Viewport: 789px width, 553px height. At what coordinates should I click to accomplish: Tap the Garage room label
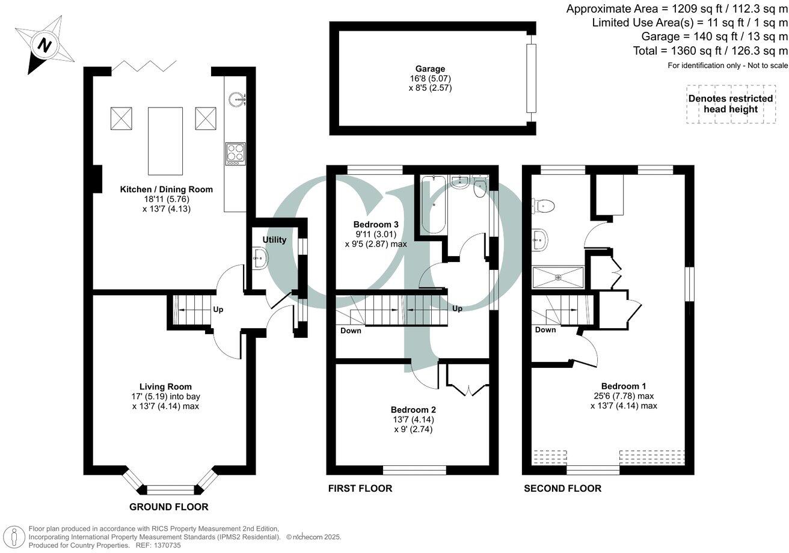point(429,69)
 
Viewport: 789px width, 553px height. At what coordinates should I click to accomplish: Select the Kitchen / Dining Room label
point(167,189)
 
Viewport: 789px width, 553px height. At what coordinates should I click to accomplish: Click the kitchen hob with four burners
point(235,153)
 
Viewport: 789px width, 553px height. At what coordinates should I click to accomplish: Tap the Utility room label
point(274,240)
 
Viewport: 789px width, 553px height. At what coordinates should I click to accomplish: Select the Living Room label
point(165,386)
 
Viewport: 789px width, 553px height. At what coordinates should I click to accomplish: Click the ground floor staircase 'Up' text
point(218,310)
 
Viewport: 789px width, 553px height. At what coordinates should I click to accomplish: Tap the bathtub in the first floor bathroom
point(432,205)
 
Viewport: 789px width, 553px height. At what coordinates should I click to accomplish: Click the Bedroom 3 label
point(375,224)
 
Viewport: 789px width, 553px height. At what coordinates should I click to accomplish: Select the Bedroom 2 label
point(413,409)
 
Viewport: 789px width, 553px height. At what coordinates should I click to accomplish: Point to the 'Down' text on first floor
point(351,331)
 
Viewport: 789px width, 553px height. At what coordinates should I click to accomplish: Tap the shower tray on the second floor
point(558,277)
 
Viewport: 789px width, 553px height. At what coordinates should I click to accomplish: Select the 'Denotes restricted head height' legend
point(730,103)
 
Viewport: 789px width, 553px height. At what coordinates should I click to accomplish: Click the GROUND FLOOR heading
point(169,507)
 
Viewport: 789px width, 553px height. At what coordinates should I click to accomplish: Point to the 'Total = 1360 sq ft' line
point(710,51)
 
